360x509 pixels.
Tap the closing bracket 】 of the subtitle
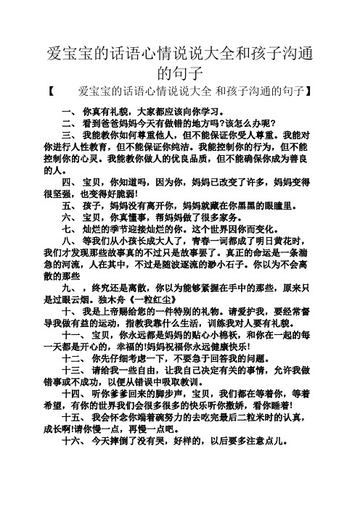309,92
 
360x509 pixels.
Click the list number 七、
69,230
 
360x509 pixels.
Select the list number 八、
69,243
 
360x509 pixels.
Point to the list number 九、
69,308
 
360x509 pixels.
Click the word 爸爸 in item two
116,123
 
